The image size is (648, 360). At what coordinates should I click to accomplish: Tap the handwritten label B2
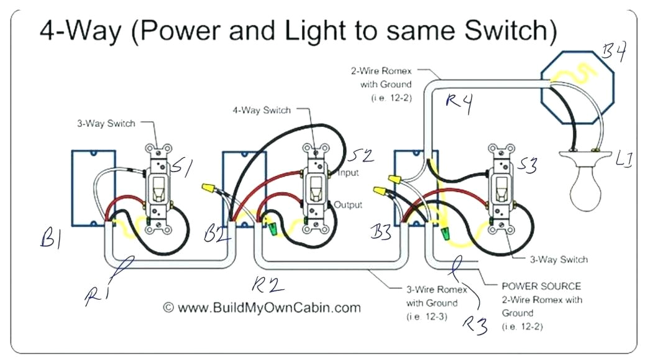218,235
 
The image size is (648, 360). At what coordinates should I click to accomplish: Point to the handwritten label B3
381,234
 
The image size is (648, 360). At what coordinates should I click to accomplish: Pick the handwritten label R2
268,284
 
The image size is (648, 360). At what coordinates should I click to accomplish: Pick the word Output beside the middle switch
348,205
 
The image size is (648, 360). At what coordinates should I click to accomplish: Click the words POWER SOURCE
541,287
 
